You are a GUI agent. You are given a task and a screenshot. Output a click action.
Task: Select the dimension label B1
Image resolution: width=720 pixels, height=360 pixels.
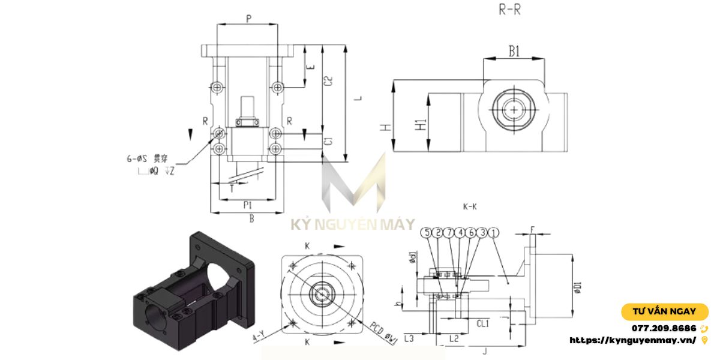tap(514, 51)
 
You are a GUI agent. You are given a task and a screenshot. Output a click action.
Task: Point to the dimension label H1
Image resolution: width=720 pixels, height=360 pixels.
tap(422, 124)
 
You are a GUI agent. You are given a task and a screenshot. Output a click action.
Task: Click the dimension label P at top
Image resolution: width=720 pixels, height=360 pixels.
tap(248, 19)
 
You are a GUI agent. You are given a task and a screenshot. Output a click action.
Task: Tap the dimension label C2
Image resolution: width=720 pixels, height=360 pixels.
tap(328, 81)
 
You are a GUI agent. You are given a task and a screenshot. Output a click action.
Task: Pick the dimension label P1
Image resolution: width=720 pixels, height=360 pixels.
tap(247, 205)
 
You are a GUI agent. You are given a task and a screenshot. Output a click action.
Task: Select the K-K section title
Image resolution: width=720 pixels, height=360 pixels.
tap(470, 207)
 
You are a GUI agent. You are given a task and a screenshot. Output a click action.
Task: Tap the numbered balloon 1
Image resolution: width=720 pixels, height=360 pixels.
tap(494, 232)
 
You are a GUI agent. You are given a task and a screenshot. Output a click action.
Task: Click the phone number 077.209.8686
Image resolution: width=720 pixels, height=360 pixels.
tap(664, 328)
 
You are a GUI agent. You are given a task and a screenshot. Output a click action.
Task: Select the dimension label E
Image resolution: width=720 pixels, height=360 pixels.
tap(310, 67)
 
